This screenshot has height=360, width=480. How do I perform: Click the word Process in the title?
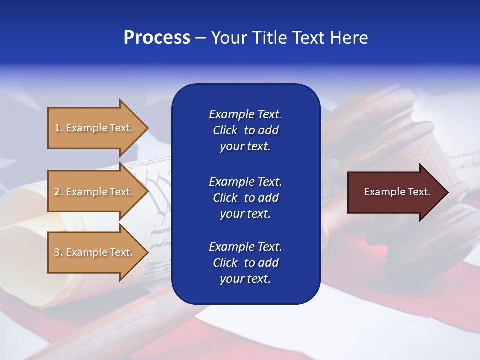(157, 38)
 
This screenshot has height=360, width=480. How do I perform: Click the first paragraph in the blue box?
(245, 130)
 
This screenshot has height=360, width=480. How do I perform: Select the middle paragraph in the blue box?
(245, 198)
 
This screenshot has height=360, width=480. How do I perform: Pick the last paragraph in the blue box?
(245, 263)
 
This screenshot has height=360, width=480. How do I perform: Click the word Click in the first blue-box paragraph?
(225, 130)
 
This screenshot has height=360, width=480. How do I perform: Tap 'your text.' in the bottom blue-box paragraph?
(245, 279)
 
